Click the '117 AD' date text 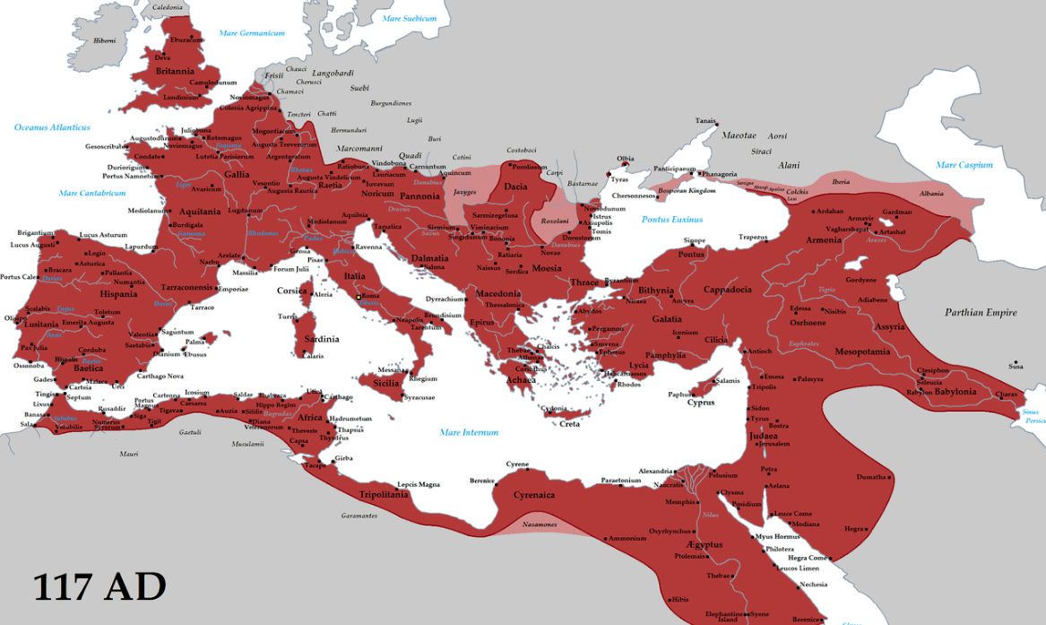coord(99,586)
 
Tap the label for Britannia coord(174,71)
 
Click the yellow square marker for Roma coord(359,297)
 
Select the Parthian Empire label coord(981,313)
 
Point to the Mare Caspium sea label coord(964,165)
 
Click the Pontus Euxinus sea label coord(672,219)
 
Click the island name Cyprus coord(700,403)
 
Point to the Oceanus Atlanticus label coord(52,127)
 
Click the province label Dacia coord(515,187)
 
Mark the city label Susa coord(1016,366)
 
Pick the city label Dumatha coord(870,477)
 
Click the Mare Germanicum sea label coord(252,33)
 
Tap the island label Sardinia coord(320,339)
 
